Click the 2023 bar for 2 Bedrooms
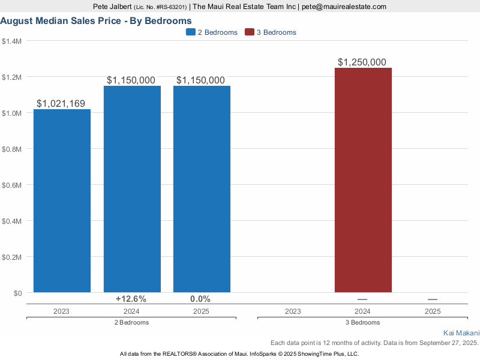coord(62,201)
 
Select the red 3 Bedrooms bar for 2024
coord(363,180)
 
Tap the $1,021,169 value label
coord(61,104)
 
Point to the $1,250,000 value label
coord(362,62)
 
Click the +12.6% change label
coord(131,299)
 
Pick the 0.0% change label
coord(200,299)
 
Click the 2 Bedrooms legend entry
coord(212,32)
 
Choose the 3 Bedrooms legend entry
coord(271,32)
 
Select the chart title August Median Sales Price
coord(96,21)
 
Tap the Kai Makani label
coord(461,332)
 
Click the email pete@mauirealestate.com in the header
coord(344,7)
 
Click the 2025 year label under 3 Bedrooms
coord(433,311)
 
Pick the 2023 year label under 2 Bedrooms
coord(61,311)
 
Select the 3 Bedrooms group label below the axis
coord(362,322)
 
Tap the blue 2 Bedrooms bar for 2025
coord(202,189)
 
